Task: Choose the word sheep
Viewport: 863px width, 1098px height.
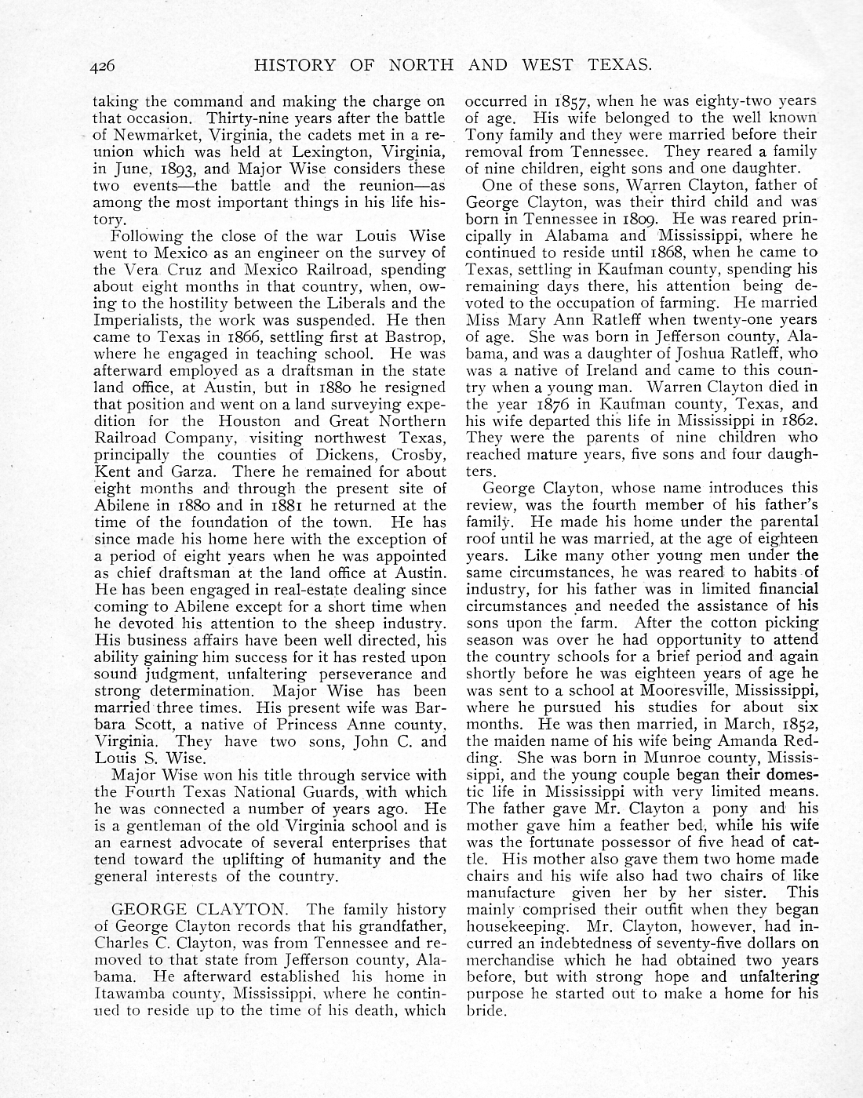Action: click(x=326, y=624)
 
